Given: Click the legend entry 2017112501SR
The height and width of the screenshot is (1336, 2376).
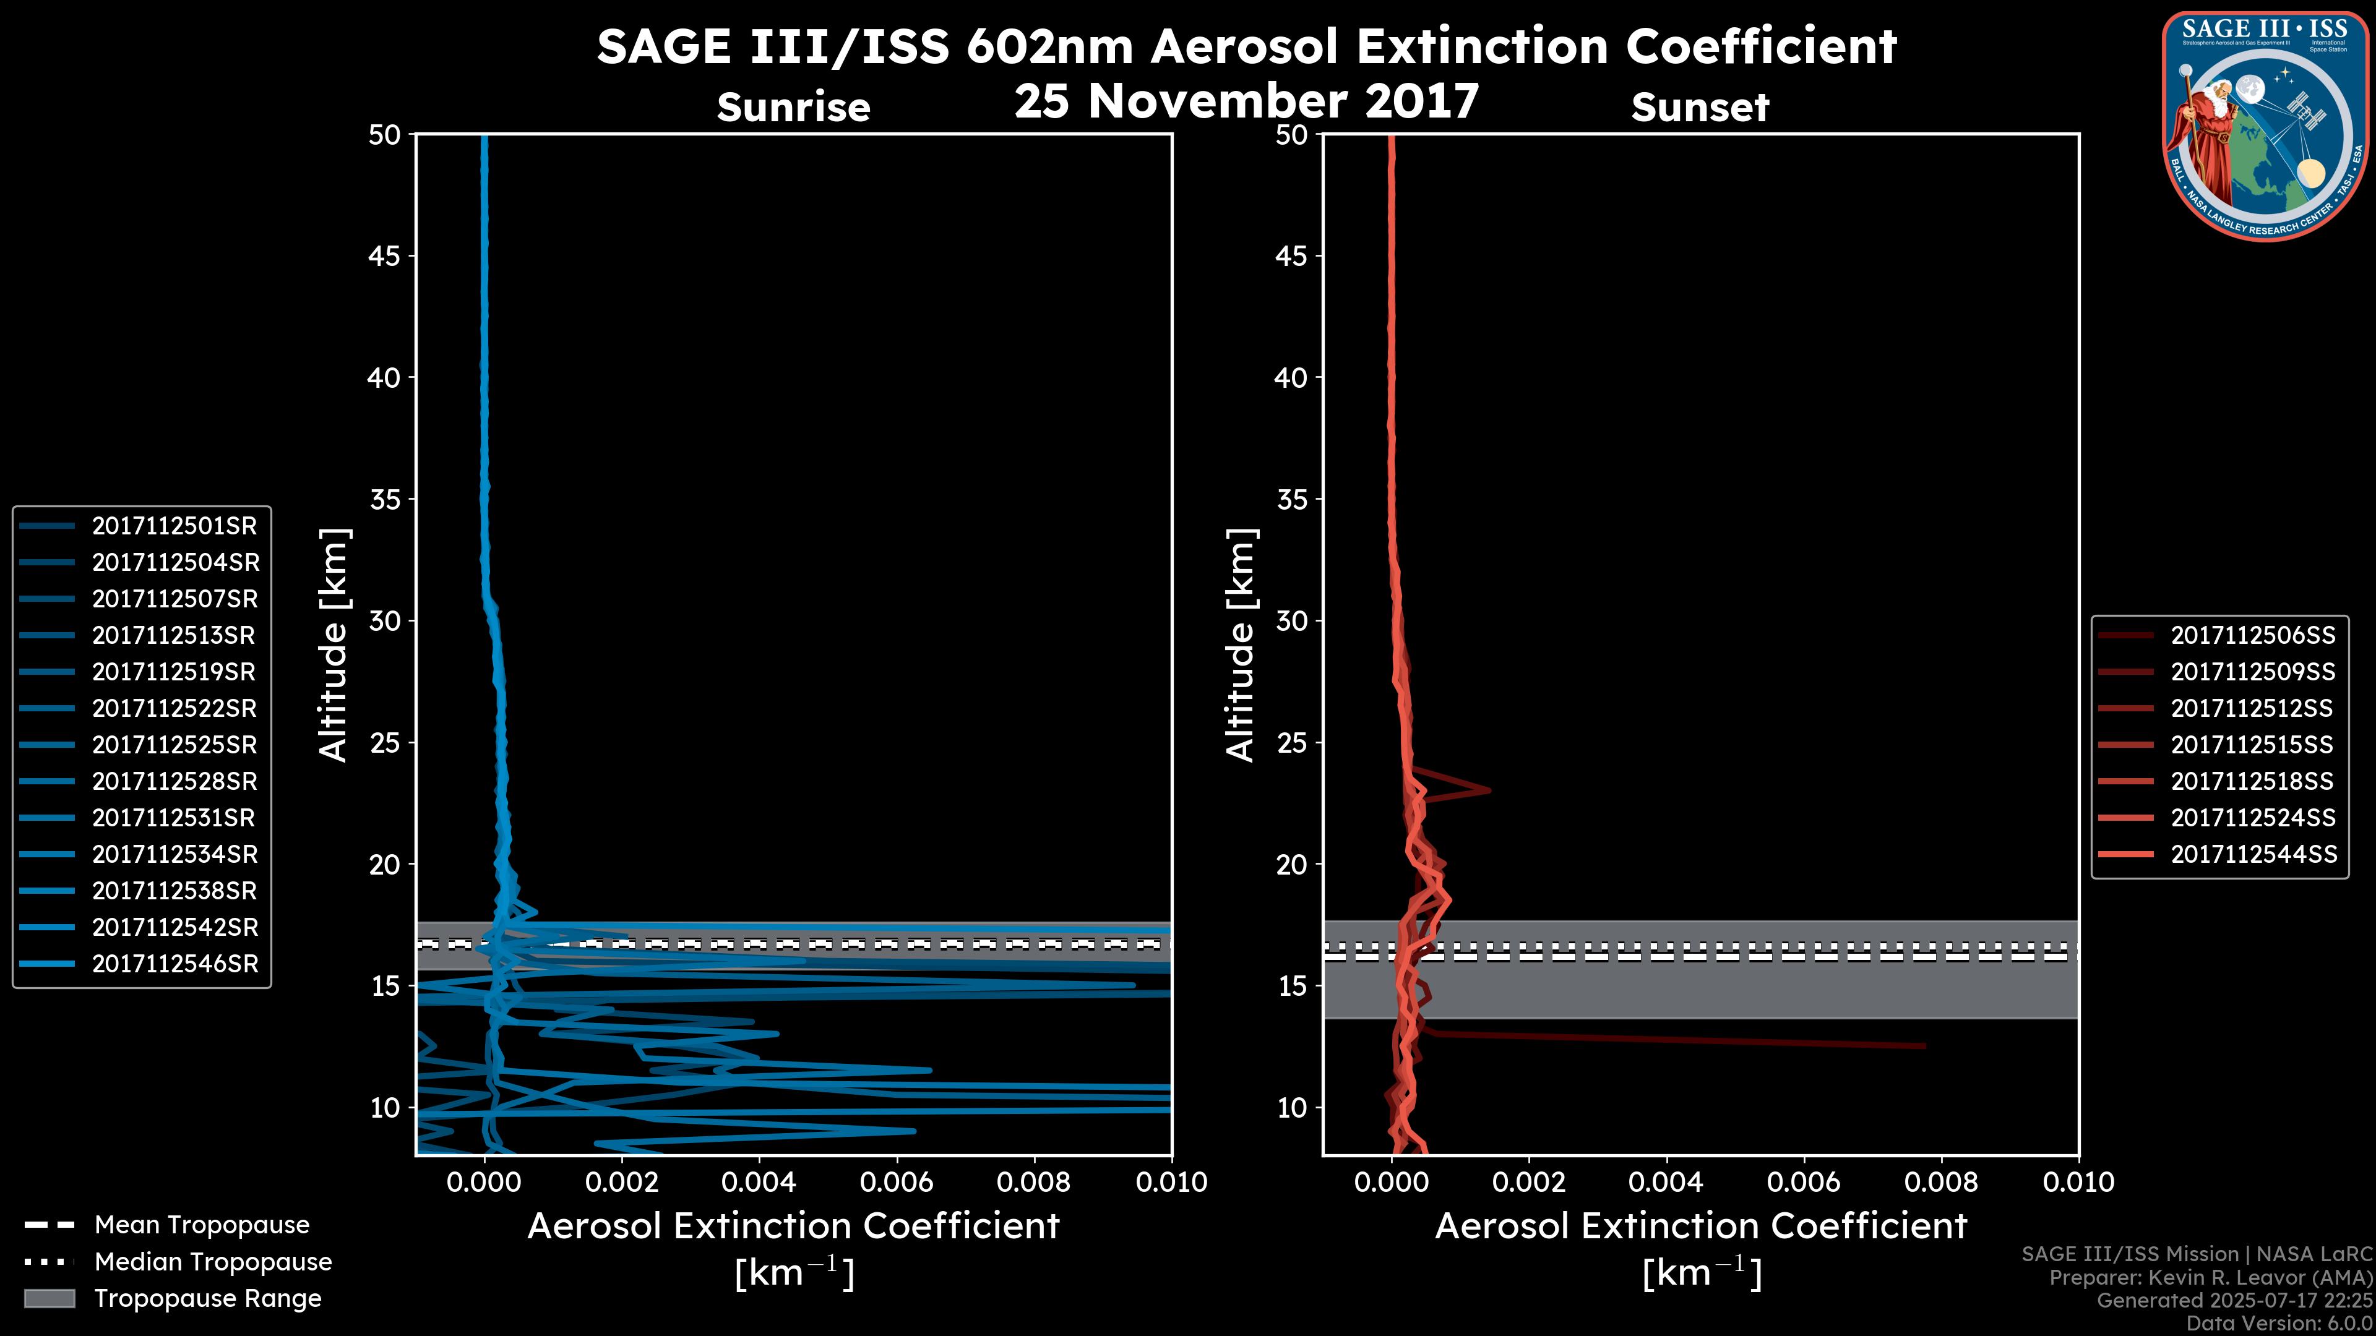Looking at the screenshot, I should [174, 526].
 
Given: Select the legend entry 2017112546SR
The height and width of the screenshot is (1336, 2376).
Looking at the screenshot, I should [174, 964].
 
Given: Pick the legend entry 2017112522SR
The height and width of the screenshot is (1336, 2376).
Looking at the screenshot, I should [174, 708].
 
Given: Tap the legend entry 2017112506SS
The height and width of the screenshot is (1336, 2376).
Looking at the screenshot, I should [2252, 635].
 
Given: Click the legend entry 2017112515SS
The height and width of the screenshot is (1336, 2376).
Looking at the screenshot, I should [2252, 745].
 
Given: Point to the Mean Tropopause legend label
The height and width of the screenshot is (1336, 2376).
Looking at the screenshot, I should [202, 1225].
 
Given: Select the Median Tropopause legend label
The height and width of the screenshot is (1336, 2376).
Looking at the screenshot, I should [213, 1261].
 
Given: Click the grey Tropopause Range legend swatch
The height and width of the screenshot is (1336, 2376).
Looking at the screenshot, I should [49, 1298].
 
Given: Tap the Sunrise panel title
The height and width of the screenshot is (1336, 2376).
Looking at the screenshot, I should [793, 107].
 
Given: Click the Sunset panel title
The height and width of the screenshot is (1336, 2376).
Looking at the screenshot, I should [1700, 107].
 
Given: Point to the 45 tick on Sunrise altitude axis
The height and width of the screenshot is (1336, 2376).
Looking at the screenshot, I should [384, 255].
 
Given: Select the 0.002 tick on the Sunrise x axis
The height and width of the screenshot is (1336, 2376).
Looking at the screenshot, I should [622, 1182].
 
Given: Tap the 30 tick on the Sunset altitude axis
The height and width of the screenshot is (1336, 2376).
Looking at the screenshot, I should [1291, 620].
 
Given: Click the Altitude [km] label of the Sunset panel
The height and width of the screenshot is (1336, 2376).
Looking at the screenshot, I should [1241, 644].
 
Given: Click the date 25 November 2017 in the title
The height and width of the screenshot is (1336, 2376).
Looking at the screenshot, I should [1246, 100].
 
